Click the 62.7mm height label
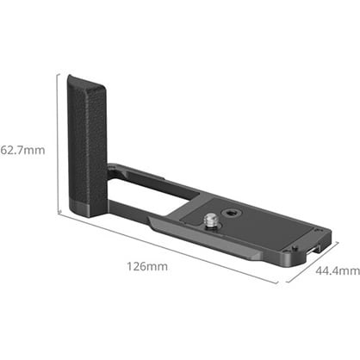[x=22, y=149]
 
